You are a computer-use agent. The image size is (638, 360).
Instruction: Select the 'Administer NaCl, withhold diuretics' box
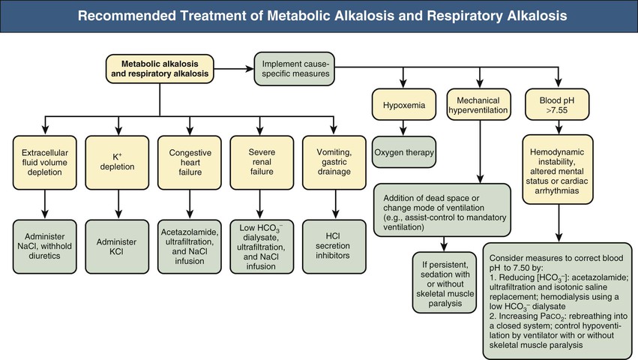tap(46, 244)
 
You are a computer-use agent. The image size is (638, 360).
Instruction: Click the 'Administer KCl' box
tap(118, 244)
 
